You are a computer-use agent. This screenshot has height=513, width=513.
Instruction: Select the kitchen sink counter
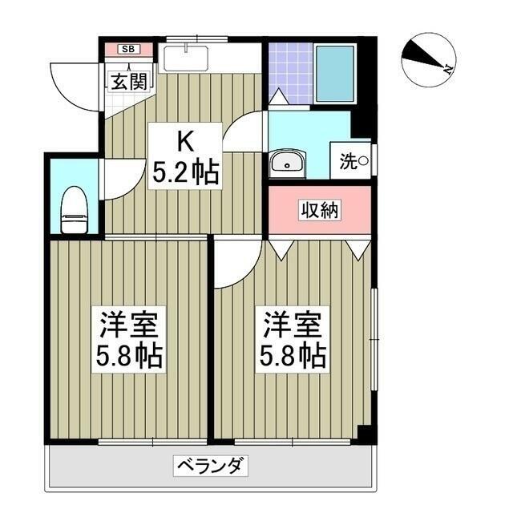[x=184, y=59]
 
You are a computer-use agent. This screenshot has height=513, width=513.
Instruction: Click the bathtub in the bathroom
[x=334, y=73]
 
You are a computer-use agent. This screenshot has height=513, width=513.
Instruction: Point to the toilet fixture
[x=74, y=211]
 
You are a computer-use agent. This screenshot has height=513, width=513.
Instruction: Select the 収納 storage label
[x=320, y=210]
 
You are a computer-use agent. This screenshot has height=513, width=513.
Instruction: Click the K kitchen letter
[x=184, y=143]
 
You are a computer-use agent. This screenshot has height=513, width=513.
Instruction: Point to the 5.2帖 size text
[x=186, y=172]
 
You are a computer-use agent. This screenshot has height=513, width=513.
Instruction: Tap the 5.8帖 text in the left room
[x=130, y=355]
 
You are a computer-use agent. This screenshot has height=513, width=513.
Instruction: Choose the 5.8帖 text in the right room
[x=293, y=355]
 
